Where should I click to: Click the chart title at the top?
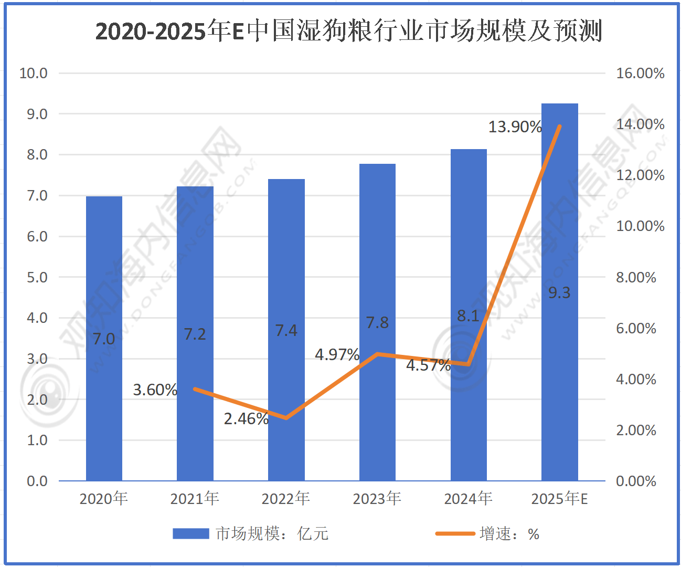348,31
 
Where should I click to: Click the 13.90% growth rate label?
515,127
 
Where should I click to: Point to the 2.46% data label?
246,419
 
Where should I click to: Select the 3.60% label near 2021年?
155,390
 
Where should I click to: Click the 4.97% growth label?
337,355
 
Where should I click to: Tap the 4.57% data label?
428,365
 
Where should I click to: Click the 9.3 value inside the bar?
559,293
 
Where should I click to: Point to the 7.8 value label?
377,323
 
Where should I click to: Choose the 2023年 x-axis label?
377,498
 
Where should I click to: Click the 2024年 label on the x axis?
468,498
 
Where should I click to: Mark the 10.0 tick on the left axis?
33,73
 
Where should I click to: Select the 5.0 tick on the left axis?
37,277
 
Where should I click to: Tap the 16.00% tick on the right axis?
640,73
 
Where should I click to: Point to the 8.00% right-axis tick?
636,277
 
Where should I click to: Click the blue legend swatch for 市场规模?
190,534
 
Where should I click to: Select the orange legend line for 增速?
455,534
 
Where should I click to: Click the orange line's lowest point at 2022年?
286,418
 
